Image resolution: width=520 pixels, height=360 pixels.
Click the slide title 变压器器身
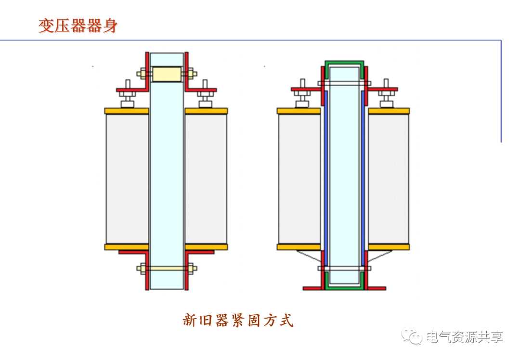coord(78,26)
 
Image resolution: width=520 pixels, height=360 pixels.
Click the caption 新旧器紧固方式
coord(238,320)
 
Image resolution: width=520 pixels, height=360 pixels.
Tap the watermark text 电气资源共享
coord(464,336)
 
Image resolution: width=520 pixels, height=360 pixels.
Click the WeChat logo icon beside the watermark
coord(412,336)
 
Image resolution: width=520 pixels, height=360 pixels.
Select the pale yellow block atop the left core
coord(166,74)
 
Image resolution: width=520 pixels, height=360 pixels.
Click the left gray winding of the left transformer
coord(127,179)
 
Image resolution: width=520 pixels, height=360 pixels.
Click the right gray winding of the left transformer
coord(206,179)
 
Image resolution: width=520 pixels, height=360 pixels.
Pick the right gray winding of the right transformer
coord(389,179)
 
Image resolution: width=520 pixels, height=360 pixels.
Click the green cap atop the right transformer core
coord(344,64)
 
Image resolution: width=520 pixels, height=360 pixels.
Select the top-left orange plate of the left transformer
coord(127,111)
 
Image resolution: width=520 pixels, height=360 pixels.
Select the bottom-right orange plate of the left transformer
coord(206,247)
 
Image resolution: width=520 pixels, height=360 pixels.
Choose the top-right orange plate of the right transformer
coord(389,111)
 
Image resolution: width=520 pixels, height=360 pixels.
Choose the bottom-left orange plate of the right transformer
coord(299,247)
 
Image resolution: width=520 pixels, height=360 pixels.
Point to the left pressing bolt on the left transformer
coord(128,94)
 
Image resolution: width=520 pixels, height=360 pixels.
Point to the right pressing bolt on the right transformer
coord(385,94)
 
